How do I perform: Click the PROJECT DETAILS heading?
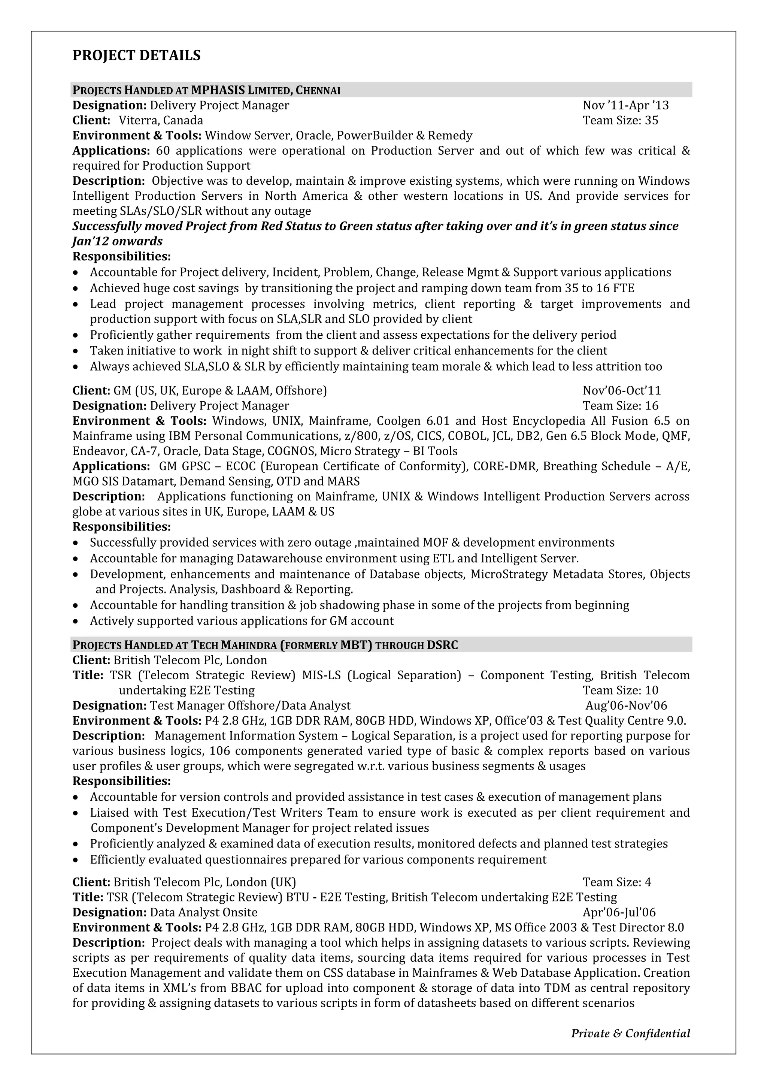click(x=136, y=56)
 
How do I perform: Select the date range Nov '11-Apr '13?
click(x=625, y=105)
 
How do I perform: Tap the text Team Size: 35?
click(x=620, y=121)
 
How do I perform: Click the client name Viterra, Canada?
click(x=161, y=121)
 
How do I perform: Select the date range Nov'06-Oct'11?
click(x=622, y=391)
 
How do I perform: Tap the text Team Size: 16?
click(x=620, y=406)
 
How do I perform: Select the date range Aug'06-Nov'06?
click(x=626, y=705)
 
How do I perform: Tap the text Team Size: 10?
click(x=620, y=690)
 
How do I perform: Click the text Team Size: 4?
click(x=617, y=882)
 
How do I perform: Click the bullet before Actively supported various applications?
click(x=76, y=622)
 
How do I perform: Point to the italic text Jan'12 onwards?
click(x=117, y=242)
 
